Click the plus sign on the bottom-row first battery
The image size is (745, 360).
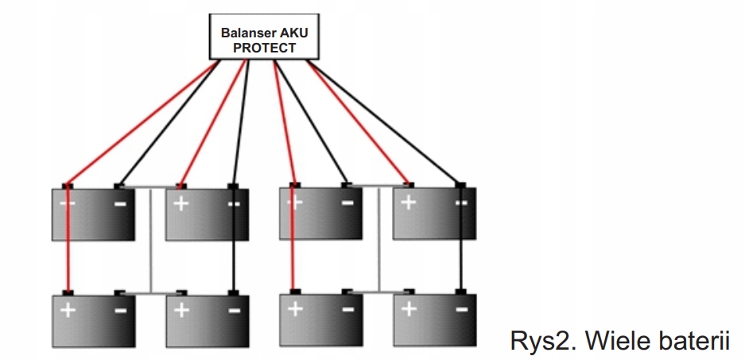[68, 310]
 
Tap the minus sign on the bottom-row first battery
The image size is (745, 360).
[119, 310]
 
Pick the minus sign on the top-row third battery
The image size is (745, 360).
[347, 203]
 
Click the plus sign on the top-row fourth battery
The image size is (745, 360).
[409, 203]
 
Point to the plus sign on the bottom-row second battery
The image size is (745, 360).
[181, 310]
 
